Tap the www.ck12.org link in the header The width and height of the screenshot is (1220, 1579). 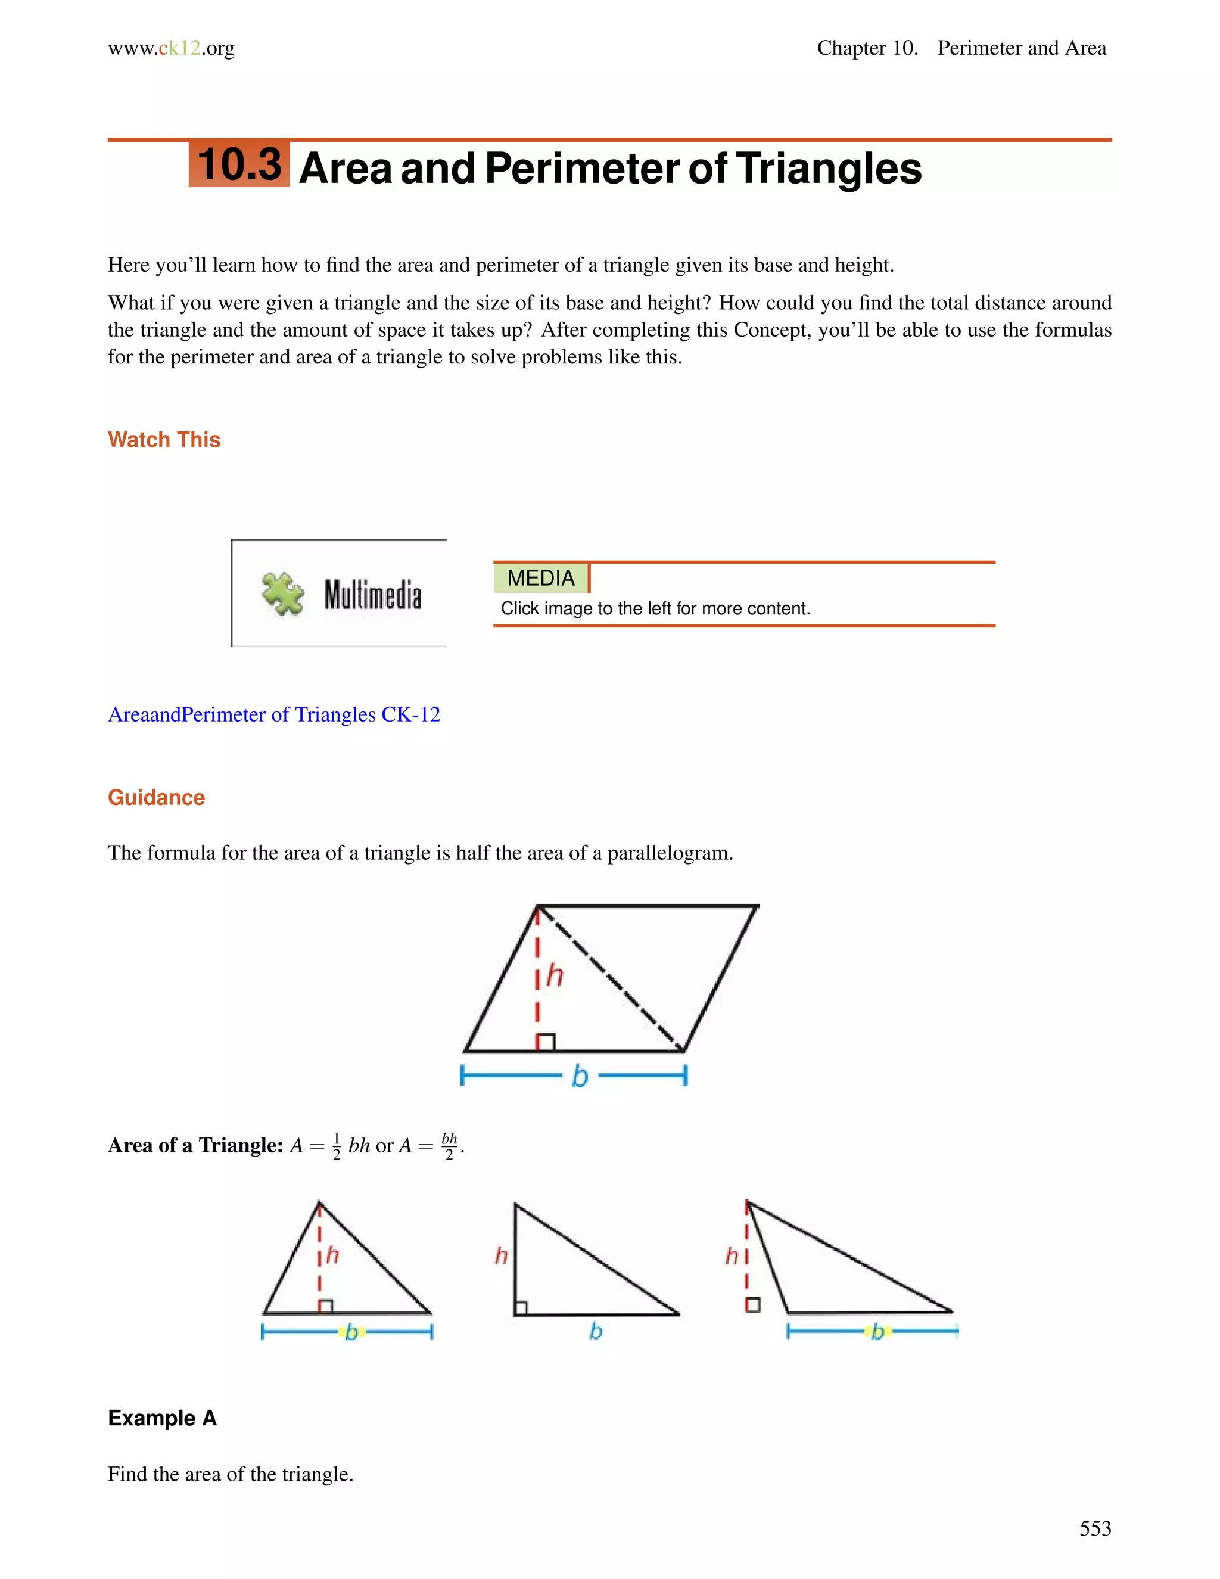click(172, 48)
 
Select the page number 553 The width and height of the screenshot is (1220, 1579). click(1095, 1528)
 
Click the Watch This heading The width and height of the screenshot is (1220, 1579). click(164, 440)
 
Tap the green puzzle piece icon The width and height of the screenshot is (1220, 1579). click(282, 594)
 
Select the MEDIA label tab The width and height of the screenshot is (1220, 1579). click(541, 577)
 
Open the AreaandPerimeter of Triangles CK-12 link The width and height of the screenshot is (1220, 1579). click(274, 714)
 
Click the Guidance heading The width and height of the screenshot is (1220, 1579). click(156, 797)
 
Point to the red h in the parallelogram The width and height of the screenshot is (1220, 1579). click(555, 975)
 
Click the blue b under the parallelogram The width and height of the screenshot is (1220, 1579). click(580, 1077)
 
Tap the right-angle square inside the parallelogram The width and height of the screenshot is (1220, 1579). click(546, 1042)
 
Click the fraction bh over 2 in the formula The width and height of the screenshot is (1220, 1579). click(449, 1146)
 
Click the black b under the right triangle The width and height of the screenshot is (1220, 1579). click(596, 1331)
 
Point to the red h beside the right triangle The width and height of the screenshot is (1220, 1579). click(501, 1256)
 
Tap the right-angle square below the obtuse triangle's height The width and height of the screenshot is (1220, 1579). click(752, 1305)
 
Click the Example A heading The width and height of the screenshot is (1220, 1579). click(162, 1418)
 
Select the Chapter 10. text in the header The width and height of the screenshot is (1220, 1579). click(867, 48)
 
